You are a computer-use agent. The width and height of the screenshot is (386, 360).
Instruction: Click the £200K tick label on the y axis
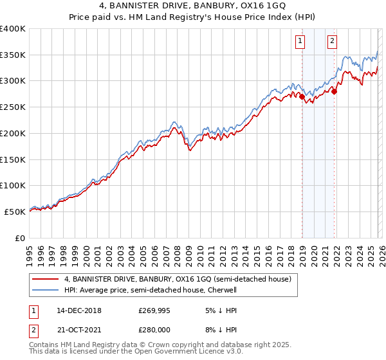[x=13, y=133]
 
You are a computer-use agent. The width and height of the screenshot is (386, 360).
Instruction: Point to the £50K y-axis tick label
[x=15, y=212]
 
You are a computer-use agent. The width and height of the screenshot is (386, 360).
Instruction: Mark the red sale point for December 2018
[x=302, y=97]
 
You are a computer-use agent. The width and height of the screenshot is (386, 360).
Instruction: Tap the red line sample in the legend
[x=46, y=280]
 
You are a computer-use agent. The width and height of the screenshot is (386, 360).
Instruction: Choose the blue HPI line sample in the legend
[x=46, y=290]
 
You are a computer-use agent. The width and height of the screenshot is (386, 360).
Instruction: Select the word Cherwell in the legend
[x=221, y=290]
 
